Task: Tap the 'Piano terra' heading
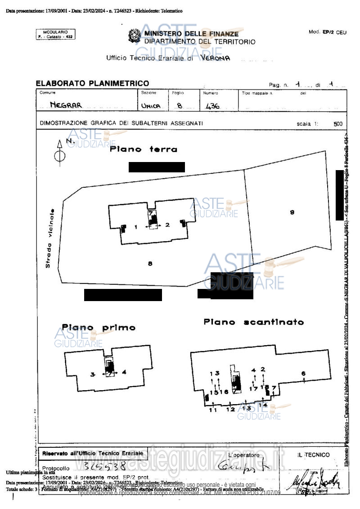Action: click(144, 149)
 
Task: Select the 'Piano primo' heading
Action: click(99, 328)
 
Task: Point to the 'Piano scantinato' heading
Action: click(254, 322)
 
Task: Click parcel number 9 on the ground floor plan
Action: click(292, 212)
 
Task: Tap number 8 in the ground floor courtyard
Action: click(150, 264)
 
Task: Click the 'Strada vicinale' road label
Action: click(49, 238)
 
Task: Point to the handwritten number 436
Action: click(212, 106)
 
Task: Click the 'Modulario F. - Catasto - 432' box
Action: click(55, 34)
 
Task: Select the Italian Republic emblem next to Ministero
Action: click(134, 36)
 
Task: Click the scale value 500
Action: click(337, 124)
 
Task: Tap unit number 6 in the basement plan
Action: click(303, 373)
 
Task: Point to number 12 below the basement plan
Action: click(230, 409)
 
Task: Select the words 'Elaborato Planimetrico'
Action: click(92, 83)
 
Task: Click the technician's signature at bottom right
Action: click(317, 483)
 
